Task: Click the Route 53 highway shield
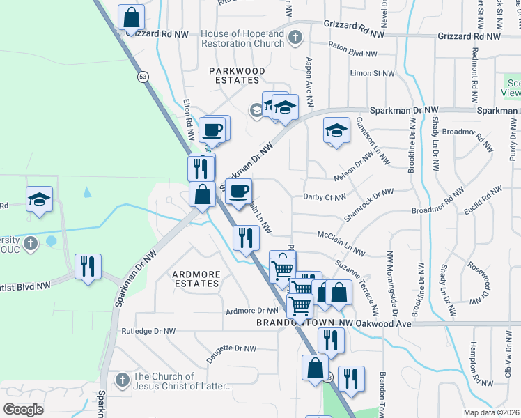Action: (142, 76)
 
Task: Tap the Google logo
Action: (23, 410)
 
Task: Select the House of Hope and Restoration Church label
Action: (242, 38)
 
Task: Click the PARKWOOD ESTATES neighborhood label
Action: (237, 75)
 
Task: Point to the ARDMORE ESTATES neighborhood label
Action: (196, 279)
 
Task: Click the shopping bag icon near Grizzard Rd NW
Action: (131, 17)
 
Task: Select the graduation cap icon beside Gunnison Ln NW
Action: (336, 130)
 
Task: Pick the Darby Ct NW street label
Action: (325, 197)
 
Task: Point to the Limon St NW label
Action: (373, 72)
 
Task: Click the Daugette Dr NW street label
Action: (231, 349)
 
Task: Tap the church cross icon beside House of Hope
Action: (295, 36)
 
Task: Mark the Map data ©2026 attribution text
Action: (491, 412)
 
